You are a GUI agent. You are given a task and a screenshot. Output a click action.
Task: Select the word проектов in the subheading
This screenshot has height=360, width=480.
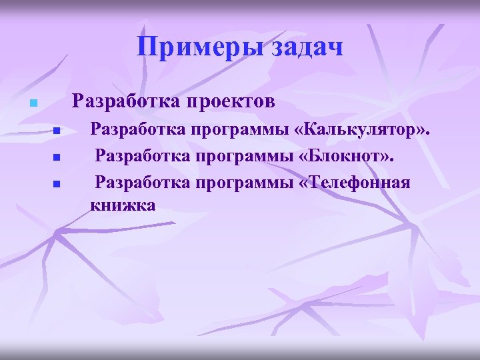pyautogui.click(x=231, y=101)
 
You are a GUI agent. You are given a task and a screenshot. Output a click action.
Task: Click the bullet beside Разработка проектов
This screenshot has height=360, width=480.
pyautogui.click(x=31, y=103)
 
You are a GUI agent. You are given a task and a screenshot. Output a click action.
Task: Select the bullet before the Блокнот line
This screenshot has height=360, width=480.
pyautogui.click(x=57, y=158)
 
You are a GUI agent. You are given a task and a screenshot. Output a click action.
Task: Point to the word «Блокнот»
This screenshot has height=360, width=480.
pyautogui.click(x=343, y=156)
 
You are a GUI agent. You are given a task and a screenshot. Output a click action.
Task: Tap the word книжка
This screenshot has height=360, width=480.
pyautogui.click(x=123, y=205)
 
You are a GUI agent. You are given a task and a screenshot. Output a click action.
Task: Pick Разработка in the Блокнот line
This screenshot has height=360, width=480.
pyautogui.click(x=140, y=156)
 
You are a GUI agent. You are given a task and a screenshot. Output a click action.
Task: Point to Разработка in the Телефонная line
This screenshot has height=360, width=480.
pyautogui.click(x=140, y=182)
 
